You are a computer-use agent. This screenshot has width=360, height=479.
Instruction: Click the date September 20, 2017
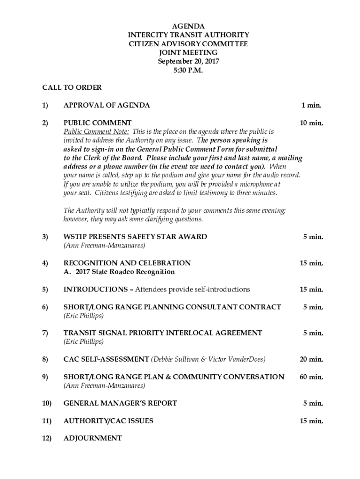(x=188, y=61)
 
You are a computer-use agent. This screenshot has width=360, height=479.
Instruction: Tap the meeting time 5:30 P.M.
(x=188, y=70)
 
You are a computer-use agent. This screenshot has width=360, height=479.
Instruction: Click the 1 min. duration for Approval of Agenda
(x=311, y=105)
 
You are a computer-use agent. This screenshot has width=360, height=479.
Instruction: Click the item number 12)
(x=47, y=438)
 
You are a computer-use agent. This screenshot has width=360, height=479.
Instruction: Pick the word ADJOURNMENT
(x=93, y=438)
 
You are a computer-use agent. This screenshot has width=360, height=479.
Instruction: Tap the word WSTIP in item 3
(x=74, y=237)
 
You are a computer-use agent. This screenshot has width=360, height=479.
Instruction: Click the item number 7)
(x=45, y=333)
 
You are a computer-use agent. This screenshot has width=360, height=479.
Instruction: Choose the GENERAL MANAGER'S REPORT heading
(x=120, y=403)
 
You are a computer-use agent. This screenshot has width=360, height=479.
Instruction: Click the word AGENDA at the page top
(x=188, y=26)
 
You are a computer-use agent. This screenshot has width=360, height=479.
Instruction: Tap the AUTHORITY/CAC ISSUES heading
(x=108, y=421)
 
